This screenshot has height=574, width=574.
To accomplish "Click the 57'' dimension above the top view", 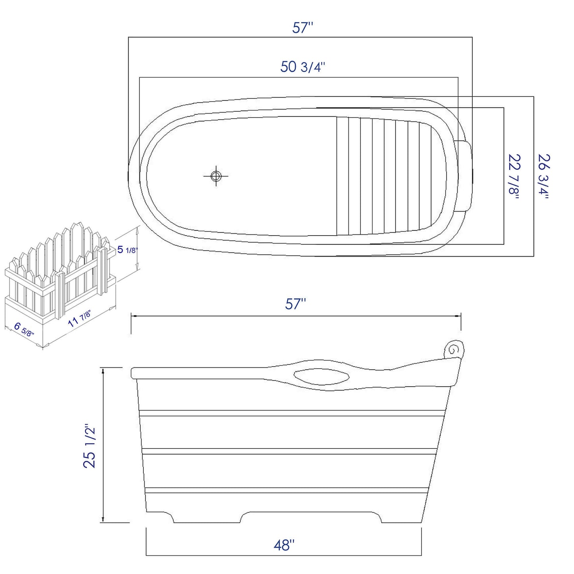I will (x=303, y=28).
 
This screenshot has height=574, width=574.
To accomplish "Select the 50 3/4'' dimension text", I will (x=303, y=67).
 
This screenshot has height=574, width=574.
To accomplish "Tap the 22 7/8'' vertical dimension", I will (x=514, y=176).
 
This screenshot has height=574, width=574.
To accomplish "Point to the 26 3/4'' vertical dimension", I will (x=543, y=176).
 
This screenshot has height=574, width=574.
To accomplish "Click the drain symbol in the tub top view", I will (x=216, y=176).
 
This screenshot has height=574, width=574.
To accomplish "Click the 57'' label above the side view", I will (x=296, y=304).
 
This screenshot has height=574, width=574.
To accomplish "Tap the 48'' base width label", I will (x=284, y=545).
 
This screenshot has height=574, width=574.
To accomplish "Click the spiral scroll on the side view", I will (x=454, y=348).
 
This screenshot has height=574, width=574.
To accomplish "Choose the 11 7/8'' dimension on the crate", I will (x=80, y=318).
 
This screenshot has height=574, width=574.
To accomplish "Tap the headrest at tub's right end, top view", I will (x=464, y=175).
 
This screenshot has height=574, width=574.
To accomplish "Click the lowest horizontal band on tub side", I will (x=286, y=490).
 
